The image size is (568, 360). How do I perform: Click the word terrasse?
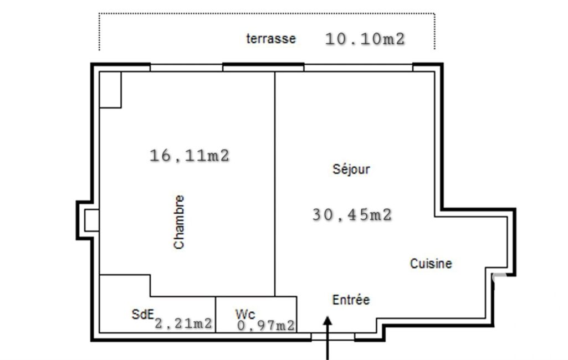tap(270, 38)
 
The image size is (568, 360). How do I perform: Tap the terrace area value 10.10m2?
tap(365, 39)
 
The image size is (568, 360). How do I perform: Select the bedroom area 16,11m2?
tap(190, 156)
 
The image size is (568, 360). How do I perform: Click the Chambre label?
tap(179, 222)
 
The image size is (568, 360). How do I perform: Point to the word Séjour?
tap(351, 169)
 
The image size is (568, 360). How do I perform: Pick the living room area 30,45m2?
tap(352, 215)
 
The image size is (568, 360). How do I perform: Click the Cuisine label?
tap(431, 263)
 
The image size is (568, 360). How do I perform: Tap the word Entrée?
tap(351, 300)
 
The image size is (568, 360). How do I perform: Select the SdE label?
tap(143, 313)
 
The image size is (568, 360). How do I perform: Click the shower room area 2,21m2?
tap(183, 323)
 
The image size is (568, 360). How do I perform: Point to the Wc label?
tap(245, 313)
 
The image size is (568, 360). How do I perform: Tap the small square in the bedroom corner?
tap(110, 90)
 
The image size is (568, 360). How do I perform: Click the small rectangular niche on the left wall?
tap(91, 220)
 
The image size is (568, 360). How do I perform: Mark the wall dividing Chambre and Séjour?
tap(275, 184)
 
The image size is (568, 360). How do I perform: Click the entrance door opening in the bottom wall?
tap(332, 337)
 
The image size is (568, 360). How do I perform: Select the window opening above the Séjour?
tap(359, 68)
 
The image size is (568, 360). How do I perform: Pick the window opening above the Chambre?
tap(186, 68)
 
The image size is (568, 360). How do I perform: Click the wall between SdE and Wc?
tap(216, 315)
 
